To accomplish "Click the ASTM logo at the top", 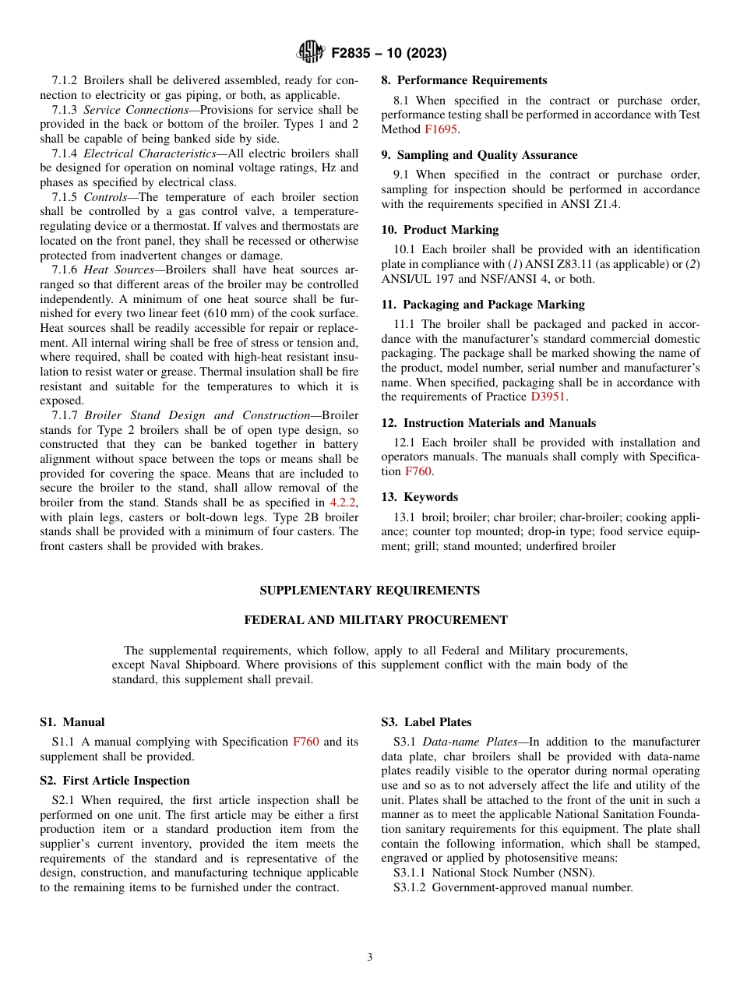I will [310, 52].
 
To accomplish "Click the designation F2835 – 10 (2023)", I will [389, 53].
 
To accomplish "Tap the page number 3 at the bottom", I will [370, 957].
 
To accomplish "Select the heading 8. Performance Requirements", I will [463, 80].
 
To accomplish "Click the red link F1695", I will [440, 129].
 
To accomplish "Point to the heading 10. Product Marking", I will [439, 230].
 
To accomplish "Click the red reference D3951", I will [549, 397].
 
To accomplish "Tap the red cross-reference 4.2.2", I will [344, 503].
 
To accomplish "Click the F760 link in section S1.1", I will [305, 742].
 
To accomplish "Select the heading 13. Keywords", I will [419, 497].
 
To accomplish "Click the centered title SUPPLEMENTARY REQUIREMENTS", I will [369, 591].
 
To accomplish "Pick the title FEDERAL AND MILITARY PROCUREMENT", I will [375, 620].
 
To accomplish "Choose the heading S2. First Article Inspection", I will [115, 781].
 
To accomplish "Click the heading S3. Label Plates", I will [426, 722].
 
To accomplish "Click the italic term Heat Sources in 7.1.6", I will [118, 270].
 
